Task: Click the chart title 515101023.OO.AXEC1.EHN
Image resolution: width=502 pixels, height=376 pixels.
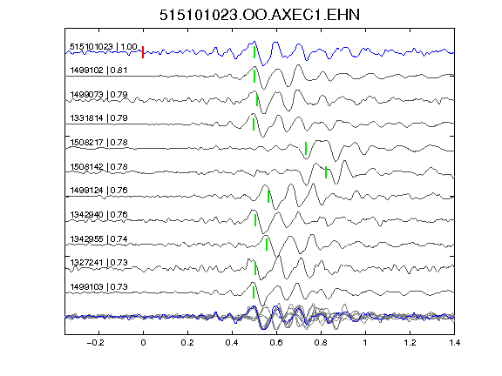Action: [260, 15]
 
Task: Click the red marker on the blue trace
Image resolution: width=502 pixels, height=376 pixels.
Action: [143, 52]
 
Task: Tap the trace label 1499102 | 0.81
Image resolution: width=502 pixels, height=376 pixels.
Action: [98, 70]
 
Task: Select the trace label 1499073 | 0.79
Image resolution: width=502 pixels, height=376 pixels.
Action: [98, 95]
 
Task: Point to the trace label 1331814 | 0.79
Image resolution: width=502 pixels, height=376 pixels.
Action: [98, 118]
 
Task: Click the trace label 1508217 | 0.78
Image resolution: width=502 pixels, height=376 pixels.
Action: [98, 142]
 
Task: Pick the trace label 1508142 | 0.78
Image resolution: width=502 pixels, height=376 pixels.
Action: [98, 166]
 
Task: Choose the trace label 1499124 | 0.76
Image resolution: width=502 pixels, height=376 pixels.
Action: [98, 191]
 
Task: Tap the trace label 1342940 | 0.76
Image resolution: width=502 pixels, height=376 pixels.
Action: [98, 214]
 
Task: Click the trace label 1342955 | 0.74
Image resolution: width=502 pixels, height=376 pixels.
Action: [98, 238]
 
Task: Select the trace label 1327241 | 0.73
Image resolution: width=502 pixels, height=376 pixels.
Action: [98, 263]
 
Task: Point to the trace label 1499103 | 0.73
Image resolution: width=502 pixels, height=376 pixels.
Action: [98, 287]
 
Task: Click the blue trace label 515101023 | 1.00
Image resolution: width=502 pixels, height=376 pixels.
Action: [104, 47]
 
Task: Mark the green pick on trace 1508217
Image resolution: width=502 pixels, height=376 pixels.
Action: [306, 148]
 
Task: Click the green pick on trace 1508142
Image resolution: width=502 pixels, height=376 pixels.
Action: [326, 172]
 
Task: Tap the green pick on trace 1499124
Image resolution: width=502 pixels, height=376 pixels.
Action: [268, 197]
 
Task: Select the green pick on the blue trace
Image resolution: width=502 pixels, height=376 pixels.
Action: [254, 52]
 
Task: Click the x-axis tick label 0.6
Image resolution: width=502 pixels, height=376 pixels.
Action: [276, 343]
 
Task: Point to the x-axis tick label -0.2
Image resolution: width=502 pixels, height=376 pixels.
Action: [95, 343]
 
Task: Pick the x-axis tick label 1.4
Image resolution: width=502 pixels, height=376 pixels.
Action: [454, 343]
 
